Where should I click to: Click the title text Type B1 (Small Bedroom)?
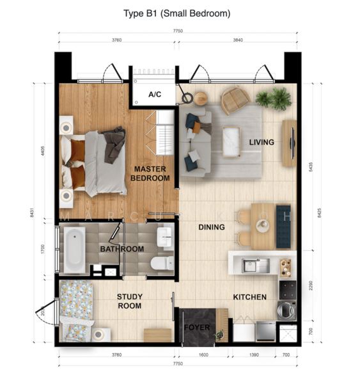tap(176, 13)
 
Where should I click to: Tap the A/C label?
tap(155, 95)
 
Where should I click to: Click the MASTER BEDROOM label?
tap(150, 173)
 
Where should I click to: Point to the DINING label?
tap(211, 227)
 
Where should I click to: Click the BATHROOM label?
tap(121, 249)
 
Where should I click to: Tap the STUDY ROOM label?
tap(129, 301)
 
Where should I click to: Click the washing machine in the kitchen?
tap(286, 311)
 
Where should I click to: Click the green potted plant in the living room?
tap(273, 99)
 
